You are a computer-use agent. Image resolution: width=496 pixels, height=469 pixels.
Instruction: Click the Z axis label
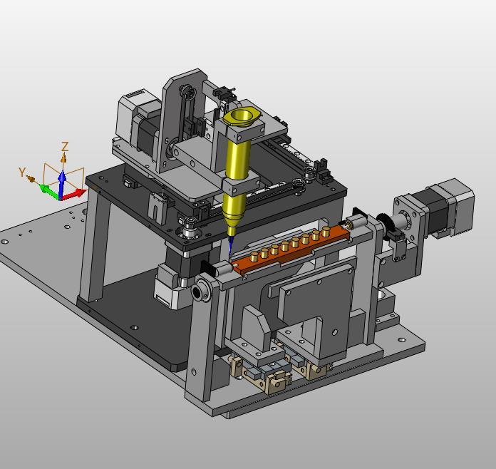[x=65, y=147]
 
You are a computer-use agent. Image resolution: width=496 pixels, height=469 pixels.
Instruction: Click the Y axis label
[x=22, y=172]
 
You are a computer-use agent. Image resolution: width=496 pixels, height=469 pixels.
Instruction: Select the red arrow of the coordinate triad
[x=75, y=194]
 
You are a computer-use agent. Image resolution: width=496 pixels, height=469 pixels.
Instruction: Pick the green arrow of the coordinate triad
[x=50, y=191]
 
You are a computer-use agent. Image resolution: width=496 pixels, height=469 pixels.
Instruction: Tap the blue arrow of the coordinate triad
[x=62, y=184]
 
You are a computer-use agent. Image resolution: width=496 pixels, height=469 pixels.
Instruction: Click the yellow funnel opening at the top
[x=242, y=116]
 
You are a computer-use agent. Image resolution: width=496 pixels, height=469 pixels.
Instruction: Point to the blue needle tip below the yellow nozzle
[x=230, y=245]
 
